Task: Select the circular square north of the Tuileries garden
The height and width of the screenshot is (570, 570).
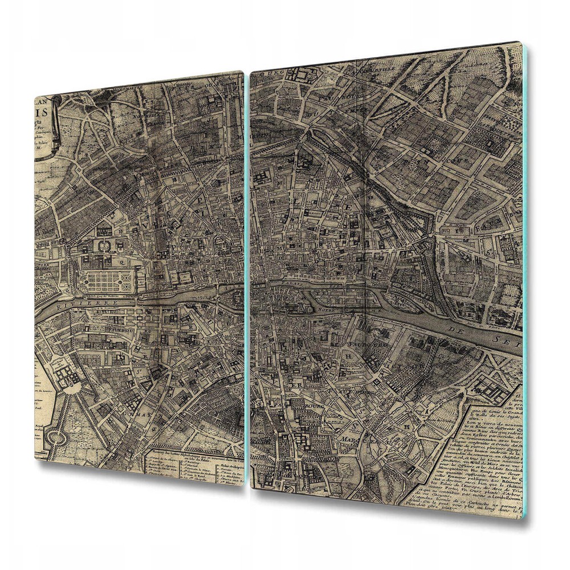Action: coord(104,245)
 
